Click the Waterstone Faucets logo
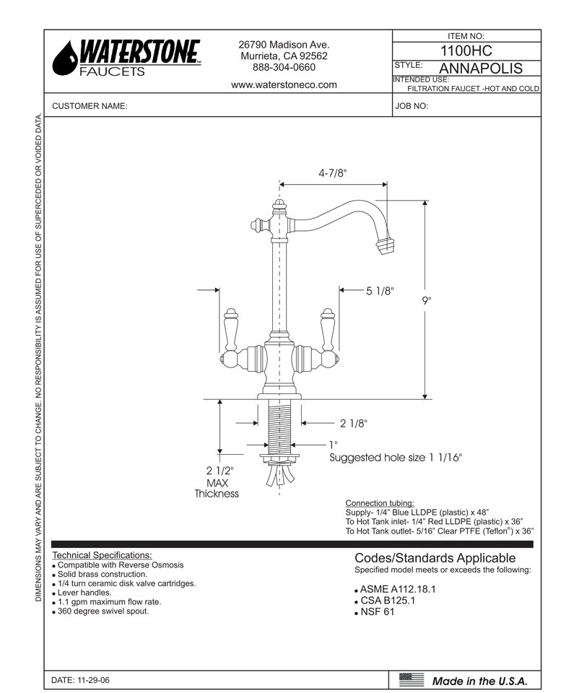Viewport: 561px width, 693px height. tap(127, 58)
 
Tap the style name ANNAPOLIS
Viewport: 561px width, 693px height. tap(481, 69)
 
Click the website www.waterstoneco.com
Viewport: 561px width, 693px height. tap(284, 84)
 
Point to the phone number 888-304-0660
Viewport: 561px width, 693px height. tap(284, 67)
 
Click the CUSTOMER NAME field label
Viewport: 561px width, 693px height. tap(90, 106)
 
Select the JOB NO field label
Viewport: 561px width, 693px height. tap(412, 106)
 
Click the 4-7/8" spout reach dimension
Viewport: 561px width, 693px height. tap(333, 173)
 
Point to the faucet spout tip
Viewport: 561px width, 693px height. tap(388, 245)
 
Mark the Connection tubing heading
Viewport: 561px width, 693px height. tap(380, 502)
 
